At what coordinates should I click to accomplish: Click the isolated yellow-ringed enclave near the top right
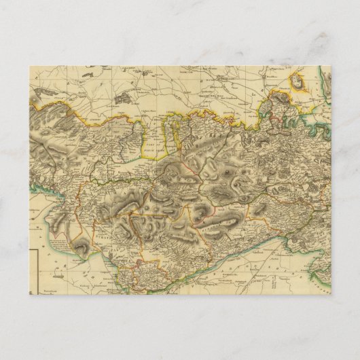[x=298, y=84]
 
